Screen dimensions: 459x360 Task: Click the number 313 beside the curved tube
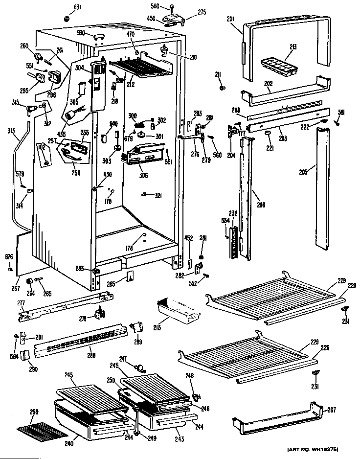click(x=11, y=131)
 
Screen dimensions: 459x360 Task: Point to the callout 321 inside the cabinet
click(x=158, y=196)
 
